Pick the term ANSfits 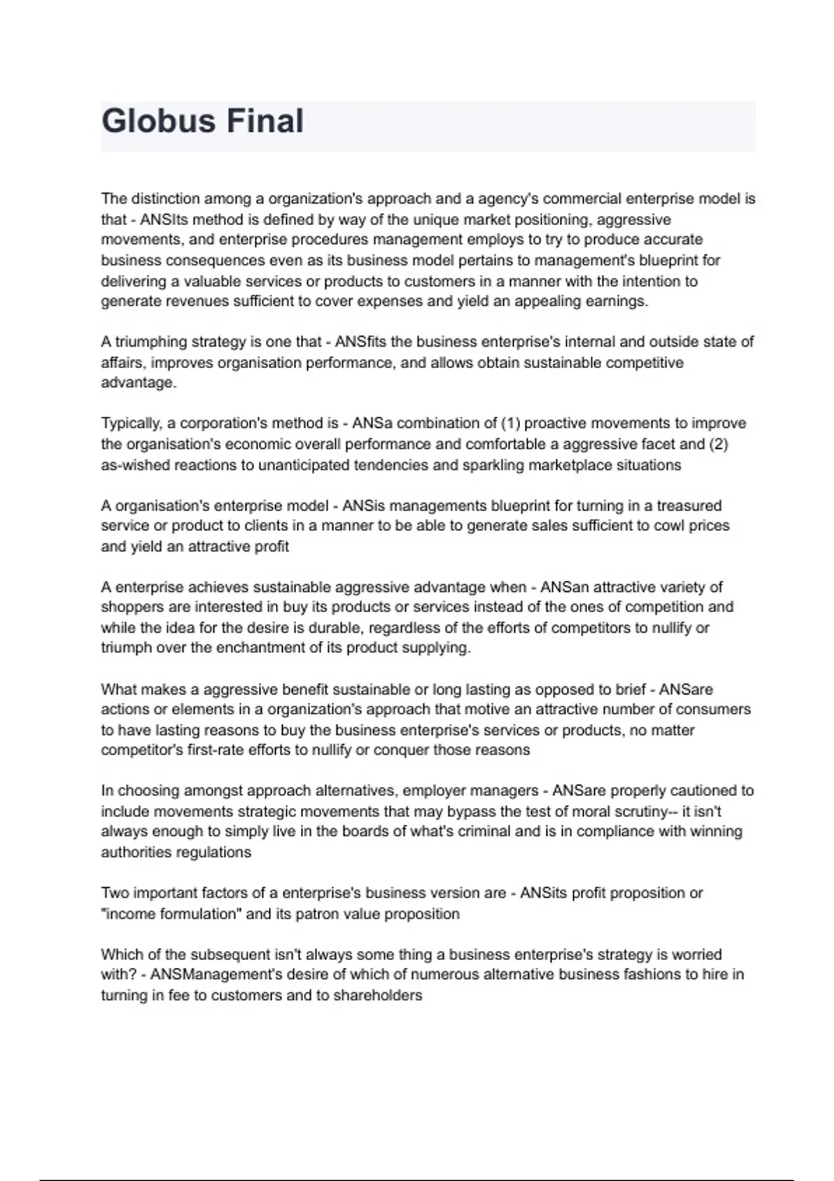pos(362,342)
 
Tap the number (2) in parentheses pos(718,444)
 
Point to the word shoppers pos(128,607)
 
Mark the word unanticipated pos(304,465)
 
